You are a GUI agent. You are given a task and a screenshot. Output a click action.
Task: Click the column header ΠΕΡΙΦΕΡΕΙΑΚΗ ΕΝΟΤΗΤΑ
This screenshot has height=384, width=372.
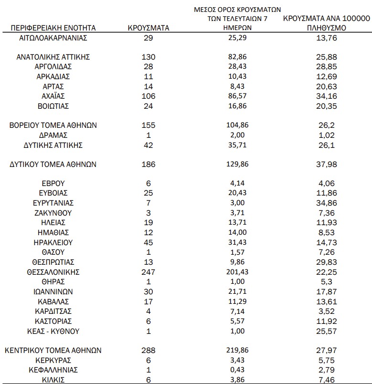[x=53, y=28]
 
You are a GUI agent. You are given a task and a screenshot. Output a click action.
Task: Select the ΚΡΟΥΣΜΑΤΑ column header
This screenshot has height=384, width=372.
[x=149, y=28]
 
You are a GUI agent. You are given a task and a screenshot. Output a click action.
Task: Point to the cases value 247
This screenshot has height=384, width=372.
[x=149, y=272]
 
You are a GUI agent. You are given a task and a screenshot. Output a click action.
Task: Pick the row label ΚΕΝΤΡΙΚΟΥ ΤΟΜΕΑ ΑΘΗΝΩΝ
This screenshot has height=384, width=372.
[x=53, y=350]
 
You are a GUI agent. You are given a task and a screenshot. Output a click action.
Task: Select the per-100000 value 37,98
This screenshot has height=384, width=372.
[x=327, y=164]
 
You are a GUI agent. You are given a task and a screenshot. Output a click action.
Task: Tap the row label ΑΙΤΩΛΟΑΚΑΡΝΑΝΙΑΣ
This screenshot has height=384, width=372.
[x=53, y=37]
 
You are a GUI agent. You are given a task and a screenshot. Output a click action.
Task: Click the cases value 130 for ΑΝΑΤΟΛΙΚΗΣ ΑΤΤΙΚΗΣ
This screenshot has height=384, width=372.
[x=149, y=57]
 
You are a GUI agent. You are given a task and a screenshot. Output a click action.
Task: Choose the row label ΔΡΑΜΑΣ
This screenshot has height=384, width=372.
[x=53, y=135]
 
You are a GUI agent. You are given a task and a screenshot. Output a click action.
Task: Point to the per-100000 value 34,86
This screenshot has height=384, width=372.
[x=327, y=203]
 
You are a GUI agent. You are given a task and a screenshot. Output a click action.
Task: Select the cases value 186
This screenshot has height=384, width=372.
[x=149, y=164]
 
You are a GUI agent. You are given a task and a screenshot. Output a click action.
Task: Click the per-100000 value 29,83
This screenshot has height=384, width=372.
[x=327, y=262]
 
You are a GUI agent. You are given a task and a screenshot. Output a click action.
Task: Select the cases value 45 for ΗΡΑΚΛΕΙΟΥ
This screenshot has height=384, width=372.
[x=149, y=242]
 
